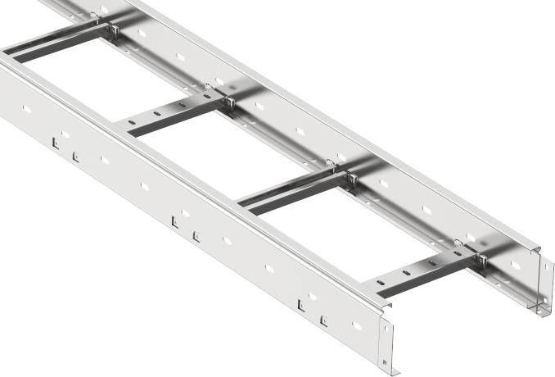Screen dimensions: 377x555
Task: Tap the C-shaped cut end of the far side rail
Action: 539,279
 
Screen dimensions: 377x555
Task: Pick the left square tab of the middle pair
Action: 175,220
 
